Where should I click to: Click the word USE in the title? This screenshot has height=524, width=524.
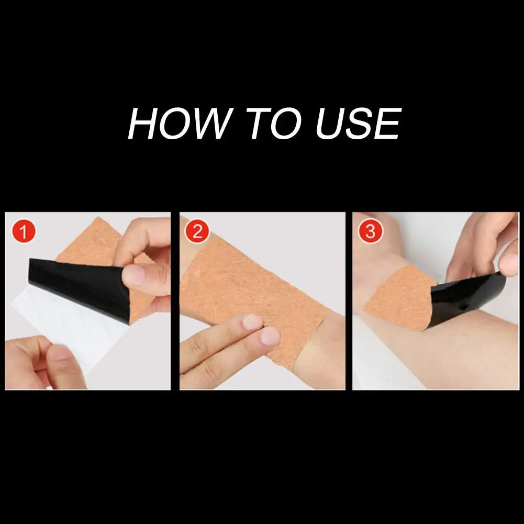click(x=359, y=124)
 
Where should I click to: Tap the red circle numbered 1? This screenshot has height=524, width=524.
click(x=24, y=231)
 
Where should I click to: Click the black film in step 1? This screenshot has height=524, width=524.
click(x=80, y=287)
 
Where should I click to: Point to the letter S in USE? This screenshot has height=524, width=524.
click(x=359, y=124)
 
